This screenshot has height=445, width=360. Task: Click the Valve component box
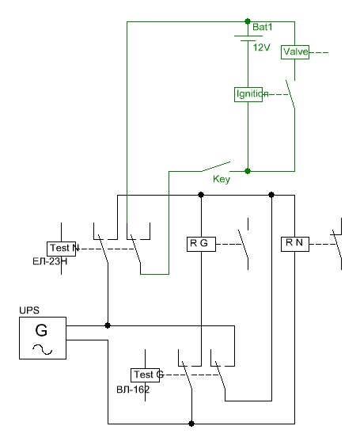pyautogui.click(x=295, y=52)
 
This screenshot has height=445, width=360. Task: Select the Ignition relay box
pyautogui.click(x=248, y=94)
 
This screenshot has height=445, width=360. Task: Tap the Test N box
pyautogui.click(x=61, y=249)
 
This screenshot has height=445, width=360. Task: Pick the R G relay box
pyautogui.click(x=201, y=244)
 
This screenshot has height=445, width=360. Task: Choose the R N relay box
pyautogui.click(x=295, y=244)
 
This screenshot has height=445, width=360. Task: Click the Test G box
pyautogui.click(x=145, y=375)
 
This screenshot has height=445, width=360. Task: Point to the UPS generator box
pyautogui.click(x=43, y=338)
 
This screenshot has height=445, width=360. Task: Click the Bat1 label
pyautogui.click(x=263, y=27)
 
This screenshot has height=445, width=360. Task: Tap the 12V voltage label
pyautogui.click(x=262, y=48)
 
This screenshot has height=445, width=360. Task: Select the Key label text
pyautogui.click(x=222, y=179)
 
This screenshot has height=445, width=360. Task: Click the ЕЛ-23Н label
pyautogui.click(x=50, y=261)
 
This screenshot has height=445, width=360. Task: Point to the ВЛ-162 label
pyautogui.click(x=133, y=390)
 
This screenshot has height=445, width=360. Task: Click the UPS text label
pyautogui.click(x=29, y=310)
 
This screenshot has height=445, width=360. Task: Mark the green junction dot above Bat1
pyautogui.click(x=248, y=21)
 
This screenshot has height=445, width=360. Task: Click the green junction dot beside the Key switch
pyautogui.click(x=248, y=171)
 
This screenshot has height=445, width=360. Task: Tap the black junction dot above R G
pyautogui.click(x=201, y=195)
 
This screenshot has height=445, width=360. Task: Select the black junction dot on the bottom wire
pyautogui.click(x=191, y=424)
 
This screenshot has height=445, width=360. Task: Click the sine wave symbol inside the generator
pyautogui.click(x=43, y=349)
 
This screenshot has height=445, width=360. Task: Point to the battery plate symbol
pyautogui.click(x=248, y=39)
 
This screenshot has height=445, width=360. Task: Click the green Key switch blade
pyautogui.click(x=216, y=166)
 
